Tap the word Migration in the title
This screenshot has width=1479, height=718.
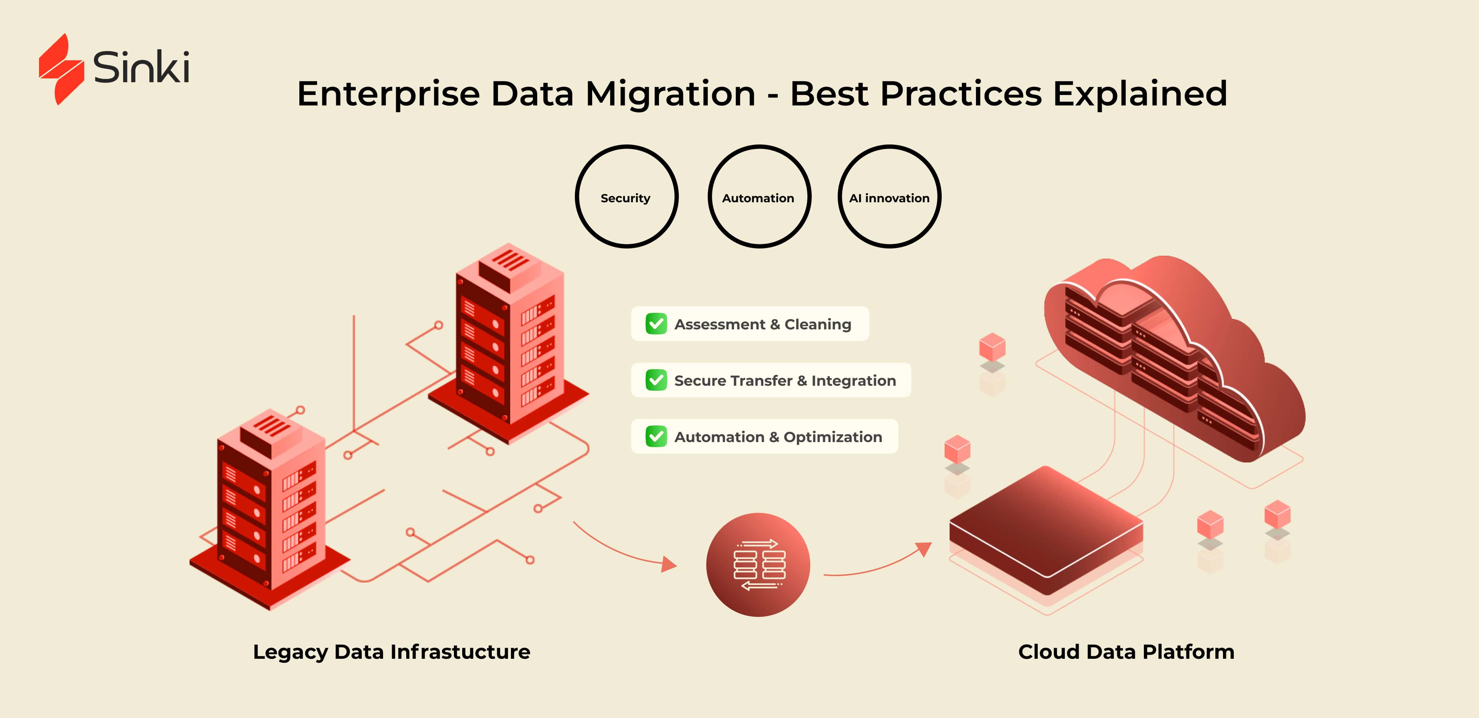coord(670,94)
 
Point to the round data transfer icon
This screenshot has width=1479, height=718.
coord(758,565)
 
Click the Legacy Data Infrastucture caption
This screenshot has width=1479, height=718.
coord(391,652)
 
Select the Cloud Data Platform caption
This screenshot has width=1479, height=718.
coord(1126,652)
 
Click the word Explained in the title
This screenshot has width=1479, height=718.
coord(1140,94)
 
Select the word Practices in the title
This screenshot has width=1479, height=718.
coord(960,94)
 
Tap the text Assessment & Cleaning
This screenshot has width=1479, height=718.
coord(763,324)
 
